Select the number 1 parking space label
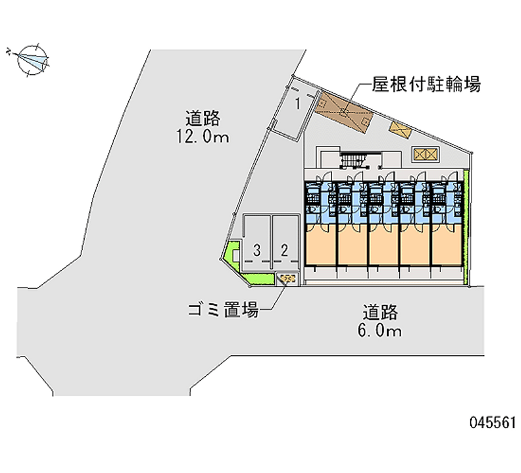[x=298, y=103]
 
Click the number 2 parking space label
[x=285, y=250]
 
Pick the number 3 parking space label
[x=258, y=250]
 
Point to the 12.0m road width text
[x=203, y=137]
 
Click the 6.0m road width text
[x=381, y=331]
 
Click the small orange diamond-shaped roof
[x=400, y=129]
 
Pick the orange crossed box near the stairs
[x=425, y=154]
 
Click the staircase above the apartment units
[x=355, y=160]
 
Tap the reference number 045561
[x=492, y=423]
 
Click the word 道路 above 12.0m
[x=203, y=118]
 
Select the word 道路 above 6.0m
[x=381, y=312]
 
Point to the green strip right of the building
[x=466, y=228]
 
